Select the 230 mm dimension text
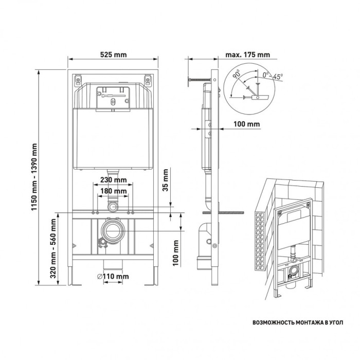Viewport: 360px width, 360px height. tap(113, 180)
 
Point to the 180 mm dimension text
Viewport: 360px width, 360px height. tap(113, 191)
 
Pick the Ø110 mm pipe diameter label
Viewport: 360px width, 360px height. tap(112, 276)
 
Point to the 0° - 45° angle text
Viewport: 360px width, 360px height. tap(273, 76)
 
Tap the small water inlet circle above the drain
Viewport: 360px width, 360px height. tap(113, 207)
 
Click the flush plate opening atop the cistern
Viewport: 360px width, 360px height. tap(112, 97)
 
